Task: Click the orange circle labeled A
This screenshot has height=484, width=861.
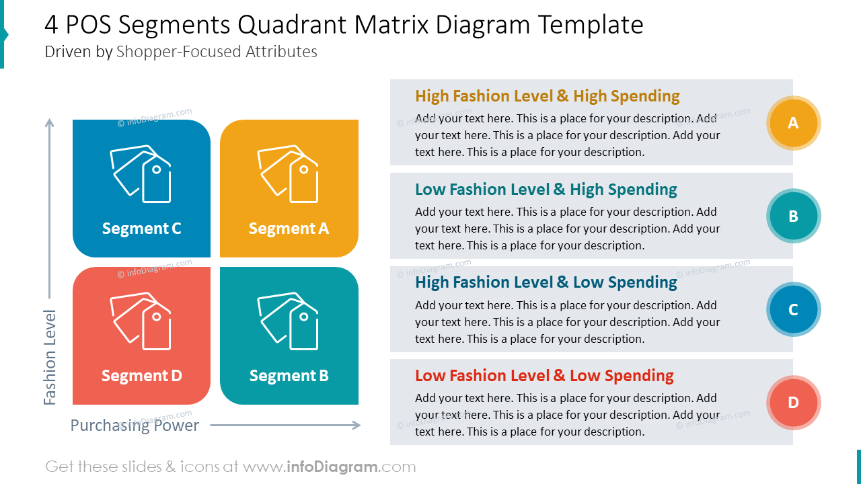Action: click(x=793, y=123)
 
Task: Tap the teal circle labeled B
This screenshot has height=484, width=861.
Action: click(x=793, y=216)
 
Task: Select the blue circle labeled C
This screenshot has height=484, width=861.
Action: click(x=793, y=309)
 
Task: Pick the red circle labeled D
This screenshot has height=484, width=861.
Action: click(x=793, y=403)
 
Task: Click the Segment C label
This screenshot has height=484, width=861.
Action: click(x=141, y=229)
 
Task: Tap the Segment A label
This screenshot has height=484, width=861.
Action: click(x=289, y=229)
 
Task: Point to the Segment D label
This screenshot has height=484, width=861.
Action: click(x=141, y=376)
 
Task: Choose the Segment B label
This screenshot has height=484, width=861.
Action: click(x=289, y=376)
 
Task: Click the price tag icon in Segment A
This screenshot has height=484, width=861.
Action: click(x=288, y=173)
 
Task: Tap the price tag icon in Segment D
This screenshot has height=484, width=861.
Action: click(x=141, y=321)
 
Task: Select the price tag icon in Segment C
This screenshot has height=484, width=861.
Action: click(x=141, y=173)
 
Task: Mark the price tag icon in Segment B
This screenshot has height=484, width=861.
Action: click(x=288, y=321)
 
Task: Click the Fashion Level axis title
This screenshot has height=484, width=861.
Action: click(x=50, y=357)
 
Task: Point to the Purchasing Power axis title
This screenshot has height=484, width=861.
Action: click(x=135, y=426)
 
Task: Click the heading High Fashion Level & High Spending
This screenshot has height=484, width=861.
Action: click(x=547, y=96)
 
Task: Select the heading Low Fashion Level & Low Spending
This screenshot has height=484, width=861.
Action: click(x=544, y=376)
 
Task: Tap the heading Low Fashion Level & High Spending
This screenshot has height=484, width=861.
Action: click(x=546, y=190)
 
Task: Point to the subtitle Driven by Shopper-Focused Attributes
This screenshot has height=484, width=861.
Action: click(x=181, y=52)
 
